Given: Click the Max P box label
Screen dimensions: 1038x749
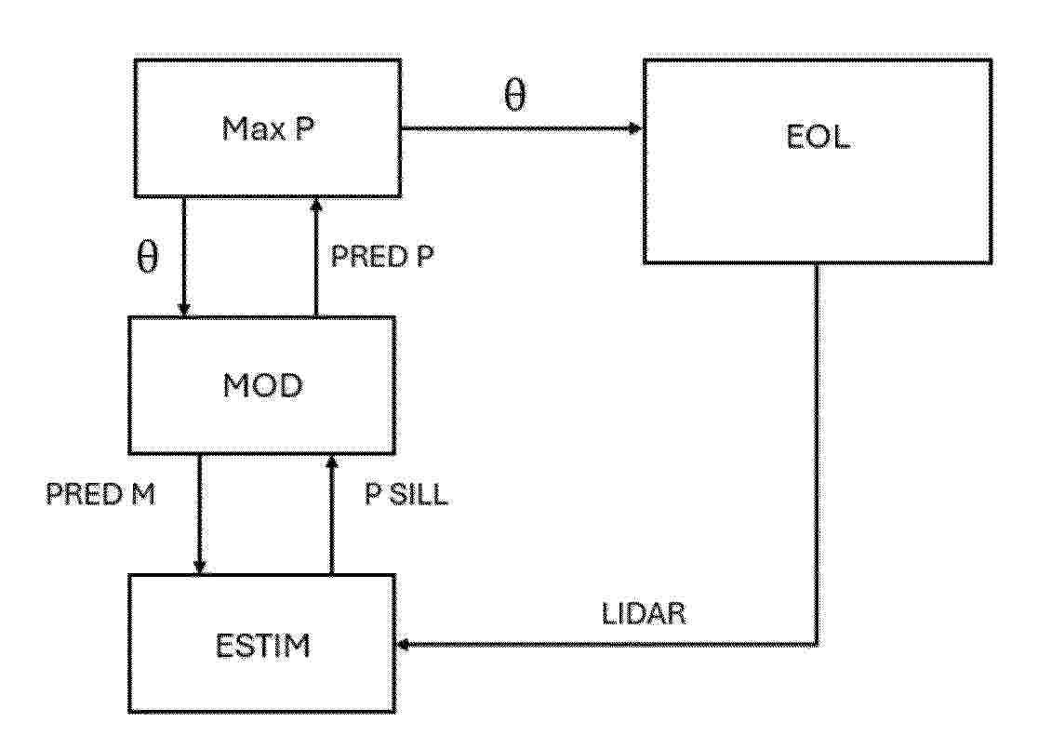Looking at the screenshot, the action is [x=268, y=128].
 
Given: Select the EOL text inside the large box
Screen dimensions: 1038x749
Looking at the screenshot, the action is [x=818, y=137].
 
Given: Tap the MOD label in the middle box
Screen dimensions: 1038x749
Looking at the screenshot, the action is [x=263, y=385].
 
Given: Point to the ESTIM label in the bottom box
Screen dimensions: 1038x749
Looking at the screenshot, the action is [x=263, y=646].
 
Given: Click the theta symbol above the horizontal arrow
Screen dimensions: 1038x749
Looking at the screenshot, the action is [x=515, y=95].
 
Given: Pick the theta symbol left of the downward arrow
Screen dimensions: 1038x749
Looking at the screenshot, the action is [x=148, y=256].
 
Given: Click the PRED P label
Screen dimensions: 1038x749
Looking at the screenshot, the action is [x=382, y=256].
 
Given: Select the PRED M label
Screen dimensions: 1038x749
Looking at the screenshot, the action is [x=100, y=494].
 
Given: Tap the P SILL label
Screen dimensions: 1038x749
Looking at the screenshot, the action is [x=406, y=494].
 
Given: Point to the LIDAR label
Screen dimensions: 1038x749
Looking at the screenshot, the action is [x=645, y=613].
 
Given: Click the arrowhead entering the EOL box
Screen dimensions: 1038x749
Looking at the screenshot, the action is [x=635, y=128].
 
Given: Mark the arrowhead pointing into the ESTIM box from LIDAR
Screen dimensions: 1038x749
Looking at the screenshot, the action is [x=403, y=644].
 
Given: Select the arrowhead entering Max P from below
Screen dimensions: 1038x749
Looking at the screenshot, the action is [x=316, y=205].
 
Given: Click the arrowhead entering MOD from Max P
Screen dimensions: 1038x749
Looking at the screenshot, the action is [x=184, y=309].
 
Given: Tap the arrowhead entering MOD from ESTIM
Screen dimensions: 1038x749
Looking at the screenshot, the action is [x=332, y=462].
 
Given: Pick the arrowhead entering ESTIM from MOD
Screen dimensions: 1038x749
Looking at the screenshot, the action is [x=200, y=567].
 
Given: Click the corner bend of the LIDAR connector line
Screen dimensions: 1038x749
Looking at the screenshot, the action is [x=817, y=644].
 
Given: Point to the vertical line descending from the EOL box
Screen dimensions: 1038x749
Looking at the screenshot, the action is [x=817, y=454].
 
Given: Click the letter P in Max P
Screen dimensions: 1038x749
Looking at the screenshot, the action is [x=304, y=128].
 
